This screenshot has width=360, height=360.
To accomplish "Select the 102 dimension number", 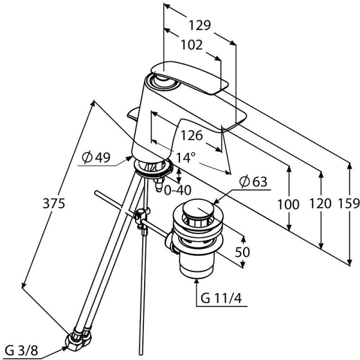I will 190,46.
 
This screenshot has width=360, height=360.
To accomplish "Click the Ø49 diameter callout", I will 96,158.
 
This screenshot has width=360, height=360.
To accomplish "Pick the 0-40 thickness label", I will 178,190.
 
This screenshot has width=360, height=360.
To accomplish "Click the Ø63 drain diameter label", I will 253,182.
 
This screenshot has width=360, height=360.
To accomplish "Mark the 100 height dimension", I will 288,204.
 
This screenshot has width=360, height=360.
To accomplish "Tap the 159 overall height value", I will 349,204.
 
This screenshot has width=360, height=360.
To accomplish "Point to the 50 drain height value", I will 242,252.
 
